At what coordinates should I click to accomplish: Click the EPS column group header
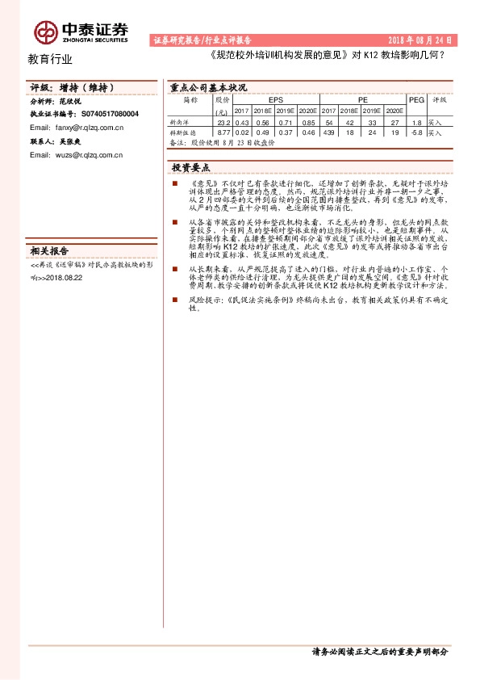[x=275, y=99]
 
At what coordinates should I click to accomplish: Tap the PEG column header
[x=416, y=99]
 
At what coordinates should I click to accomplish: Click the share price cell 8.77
[x=224, y=132]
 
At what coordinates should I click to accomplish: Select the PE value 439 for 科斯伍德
[x=328, y=132]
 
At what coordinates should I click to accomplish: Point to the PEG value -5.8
[x=416, y=132]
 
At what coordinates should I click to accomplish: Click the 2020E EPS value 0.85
[x=308, y=121]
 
